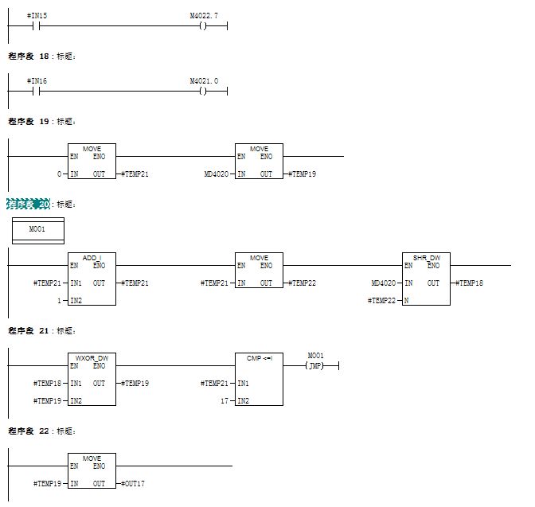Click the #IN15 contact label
(x=37, y=15)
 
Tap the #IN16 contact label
(x=37, y=80)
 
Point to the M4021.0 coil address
(x=204, y=80)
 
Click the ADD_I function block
(x=92, y=278)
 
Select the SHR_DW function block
(x=427, y=278)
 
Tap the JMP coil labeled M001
(x=316, y=365)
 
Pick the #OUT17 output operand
(x=132, y=483)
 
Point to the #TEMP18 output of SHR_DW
(x=468, y=283)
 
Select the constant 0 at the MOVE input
(x=61, y=174)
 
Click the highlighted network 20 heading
(x=29, y=204)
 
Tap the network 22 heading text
(x=29, y=431)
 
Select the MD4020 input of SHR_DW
(x=383, y=283)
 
